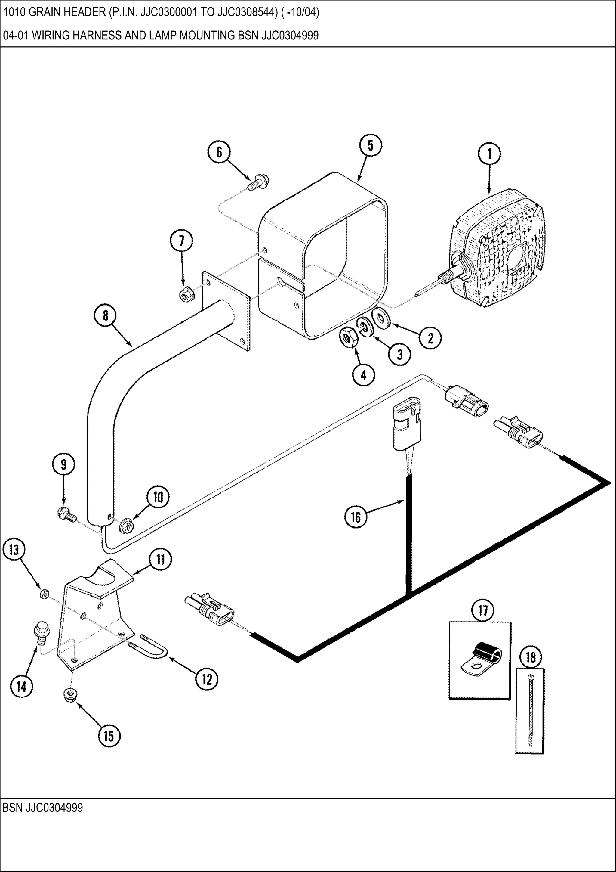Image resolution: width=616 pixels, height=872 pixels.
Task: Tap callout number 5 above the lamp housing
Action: pyautogui.click(x=371, y=145)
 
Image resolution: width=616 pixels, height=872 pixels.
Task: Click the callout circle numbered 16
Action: pyautogui.click(x=356, y=517)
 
